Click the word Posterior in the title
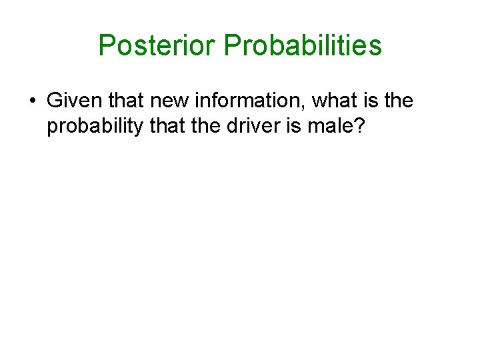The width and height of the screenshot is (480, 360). (157, 46)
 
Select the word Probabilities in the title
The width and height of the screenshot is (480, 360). (303, 46)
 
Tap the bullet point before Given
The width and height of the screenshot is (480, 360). (32, 102)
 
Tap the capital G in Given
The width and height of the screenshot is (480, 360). (55, 101)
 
